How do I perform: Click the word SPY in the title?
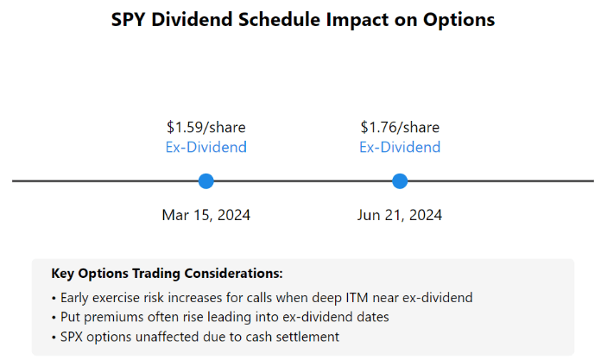tap(129, 19)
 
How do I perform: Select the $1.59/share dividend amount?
tap(206, 127)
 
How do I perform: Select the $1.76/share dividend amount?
tap(400, 127)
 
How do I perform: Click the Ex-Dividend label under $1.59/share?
tap(206, 147)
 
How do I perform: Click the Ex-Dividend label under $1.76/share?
tap(400, 147)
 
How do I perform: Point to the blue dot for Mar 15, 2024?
tap(206, 181)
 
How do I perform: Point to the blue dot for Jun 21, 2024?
tap(400, 181)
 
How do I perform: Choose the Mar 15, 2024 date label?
tap(206, 215)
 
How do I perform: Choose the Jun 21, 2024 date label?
tap(400, 215)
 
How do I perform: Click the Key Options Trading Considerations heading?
tap(167, 274)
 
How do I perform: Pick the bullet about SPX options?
tap(195, 336)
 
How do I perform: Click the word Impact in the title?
tap(343, 19)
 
